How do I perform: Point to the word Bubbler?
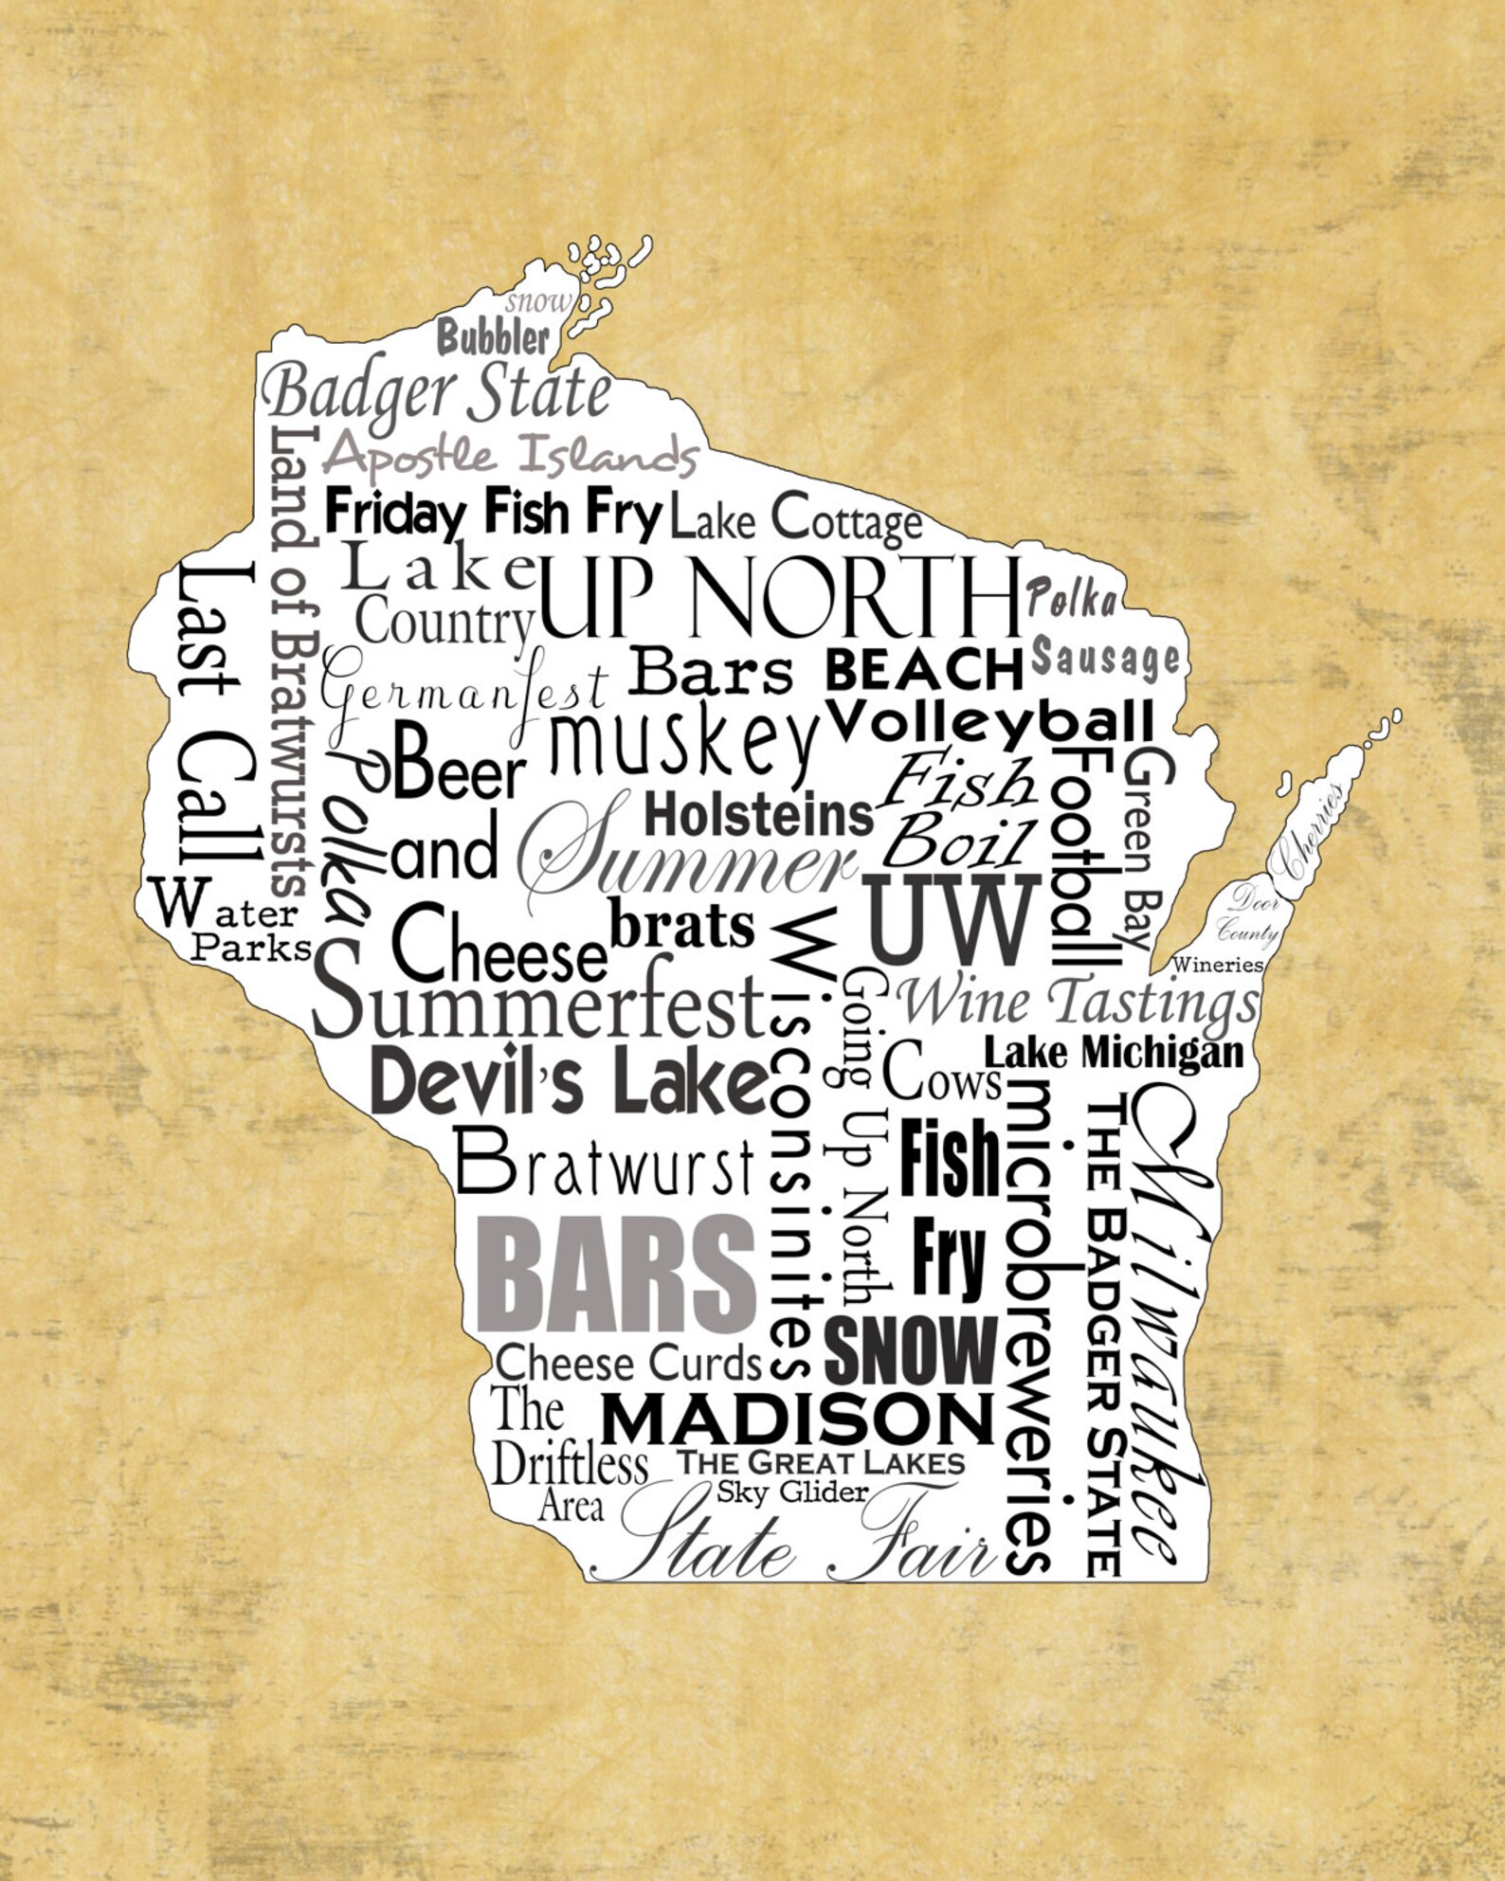click(493, 337)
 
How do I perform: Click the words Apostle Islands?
click(510, 456)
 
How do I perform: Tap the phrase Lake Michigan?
click(1114, 1052)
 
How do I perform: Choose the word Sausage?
click(1105, 657)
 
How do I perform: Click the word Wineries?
click(1218, 965)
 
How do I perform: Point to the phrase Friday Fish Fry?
click(493, 513)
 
